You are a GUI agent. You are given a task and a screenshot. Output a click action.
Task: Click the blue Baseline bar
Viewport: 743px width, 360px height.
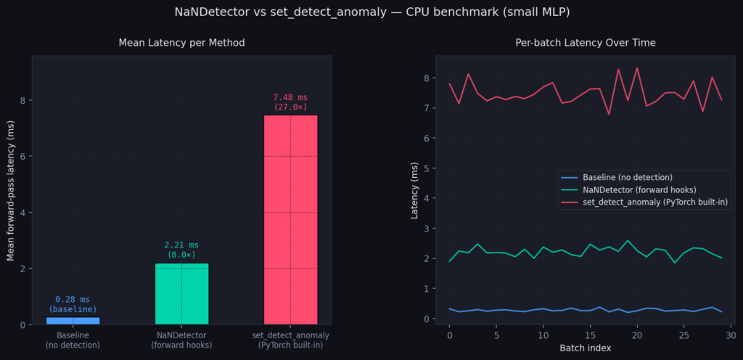tap(73, 320)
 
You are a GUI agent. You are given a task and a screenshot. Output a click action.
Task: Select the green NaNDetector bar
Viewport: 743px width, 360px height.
tap(181, 293)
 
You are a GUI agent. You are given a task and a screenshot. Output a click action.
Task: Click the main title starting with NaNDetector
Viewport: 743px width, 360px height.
tap(371, 12)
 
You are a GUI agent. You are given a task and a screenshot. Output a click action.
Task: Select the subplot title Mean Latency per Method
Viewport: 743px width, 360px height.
tap(181, 44)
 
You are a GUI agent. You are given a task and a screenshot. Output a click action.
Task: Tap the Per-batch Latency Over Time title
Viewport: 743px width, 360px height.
tap(585, 44)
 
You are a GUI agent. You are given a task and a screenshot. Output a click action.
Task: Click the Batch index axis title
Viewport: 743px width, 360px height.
tap(585, 348)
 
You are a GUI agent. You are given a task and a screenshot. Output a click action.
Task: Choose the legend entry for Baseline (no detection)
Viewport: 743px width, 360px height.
tap(626, 177)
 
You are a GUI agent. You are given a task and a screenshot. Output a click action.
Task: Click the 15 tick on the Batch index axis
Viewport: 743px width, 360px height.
tap(590, 335)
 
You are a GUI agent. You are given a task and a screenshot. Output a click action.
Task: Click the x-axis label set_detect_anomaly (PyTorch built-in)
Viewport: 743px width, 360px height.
tap(290, 340)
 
